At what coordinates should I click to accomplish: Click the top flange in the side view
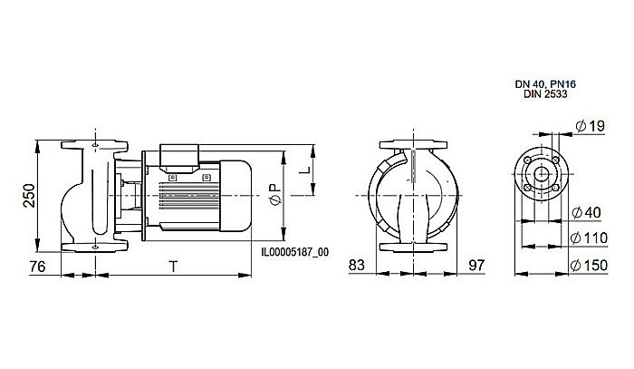click(x=93, y=146)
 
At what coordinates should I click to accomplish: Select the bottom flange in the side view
click(x=93, y=248)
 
